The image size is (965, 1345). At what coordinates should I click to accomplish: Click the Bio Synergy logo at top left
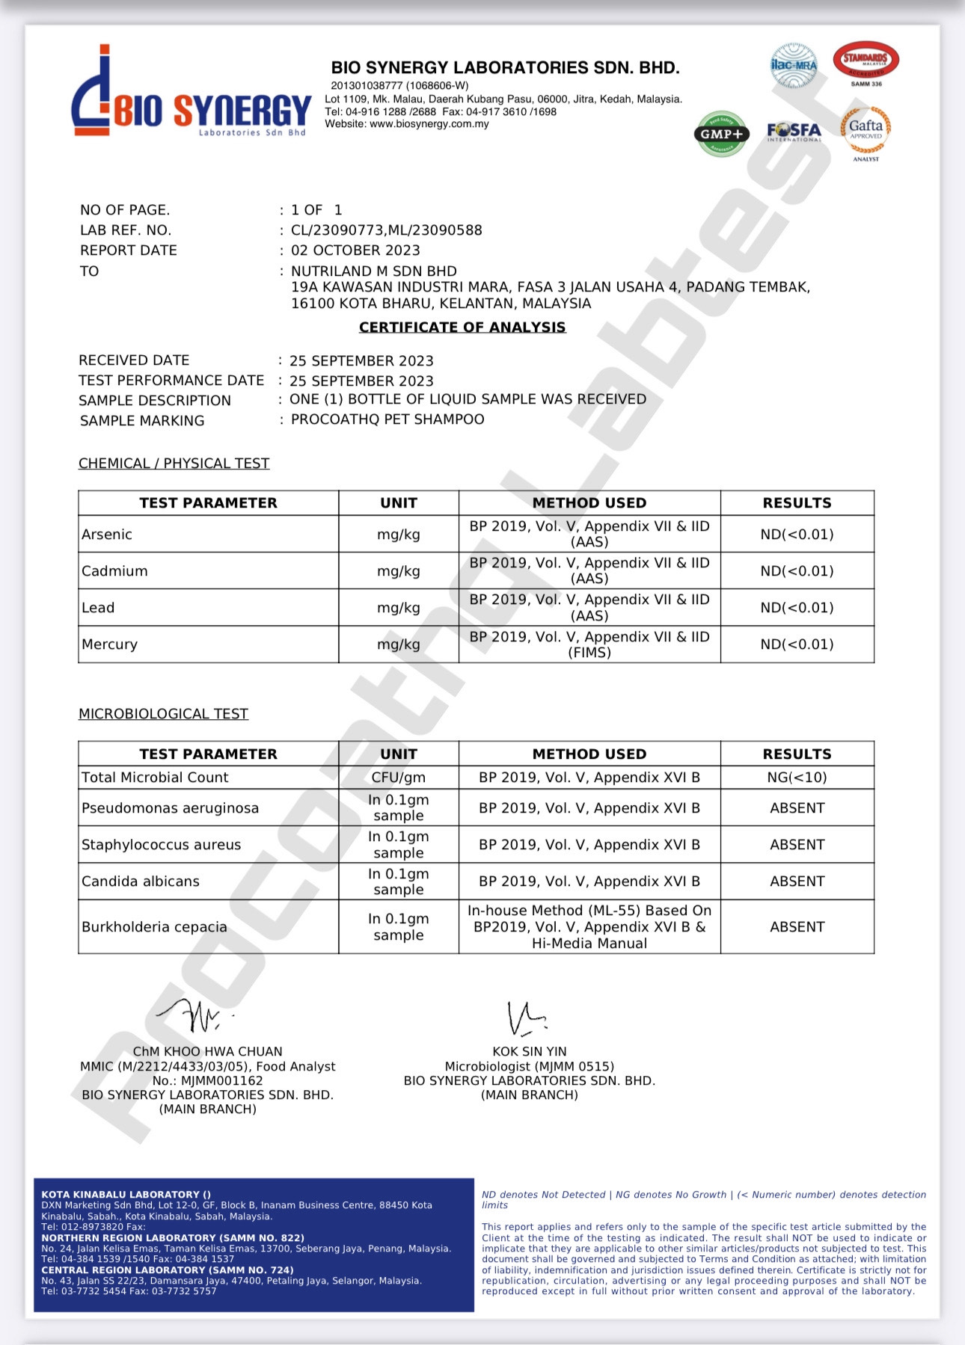(x=191, y=93)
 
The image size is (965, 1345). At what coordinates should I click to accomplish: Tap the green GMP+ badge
(x=721, y=134)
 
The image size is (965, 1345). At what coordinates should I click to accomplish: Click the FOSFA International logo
(x=794, y=132)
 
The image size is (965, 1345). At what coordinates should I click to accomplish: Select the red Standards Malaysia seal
(x=866, y=61)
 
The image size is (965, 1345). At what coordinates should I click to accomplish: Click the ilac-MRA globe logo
(x=794, y=65)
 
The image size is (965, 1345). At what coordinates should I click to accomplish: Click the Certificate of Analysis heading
(x=462, y=327)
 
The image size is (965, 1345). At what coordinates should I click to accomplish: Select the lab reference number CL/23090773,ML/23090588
(x=386, y=230)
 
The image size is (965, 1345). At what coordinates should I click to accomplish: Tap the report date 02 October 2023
(x=355, y=250)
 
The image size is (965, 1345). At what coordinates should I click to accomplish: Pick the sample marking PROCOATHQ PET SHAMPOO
(x=387, y=419)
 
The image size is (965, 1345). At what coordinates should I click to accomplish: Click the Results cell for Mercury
(x=797, y=644)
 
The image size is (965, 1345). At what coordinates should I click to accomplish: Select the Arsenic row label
(x=107, y=535)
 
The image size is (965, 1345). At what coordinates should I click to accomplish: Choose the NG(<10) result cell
(x=797, y=778)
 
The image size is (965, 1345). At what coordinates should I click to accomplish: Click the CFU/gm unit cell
(x=398, y=778)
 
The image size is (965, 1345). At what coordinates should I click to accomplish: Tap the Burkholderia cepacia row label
(x=154, y=927)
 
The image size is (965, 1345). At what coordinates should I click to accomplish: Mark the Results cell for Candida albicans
(x=797, y=881)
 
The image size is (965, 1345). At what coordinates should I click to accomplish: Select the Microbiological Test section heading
(x=163, y=714)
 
